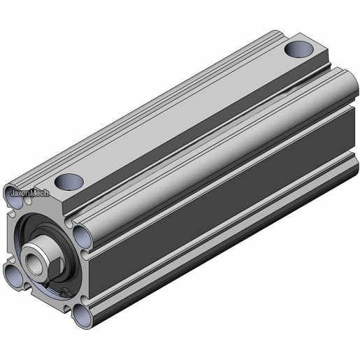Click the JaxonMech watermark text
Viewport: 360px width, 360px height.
click(30, 193)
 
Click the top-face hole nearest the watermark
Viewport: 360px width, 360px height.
click(69, 182)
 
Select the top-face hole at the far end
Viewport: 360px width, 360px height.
click(298, 50)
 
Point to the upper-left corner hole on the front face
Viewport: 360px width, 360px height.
click(14, 198)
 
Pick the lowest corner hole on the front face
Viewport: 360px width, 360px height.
click(82, 317)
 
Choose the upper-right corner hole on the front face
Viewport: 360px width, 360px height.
click(82, 237)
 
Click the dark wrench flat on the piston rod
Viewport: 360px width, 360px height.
click(57, 268)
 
